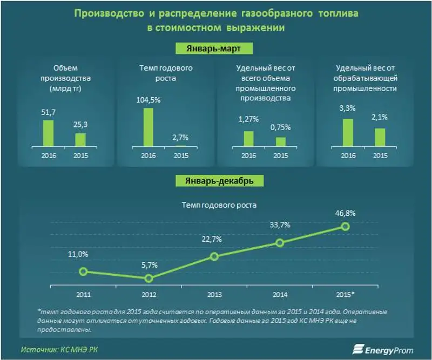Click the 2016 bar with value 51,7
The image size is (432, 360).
[x=48, y=133]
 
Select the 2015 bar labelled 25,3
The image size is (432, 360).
[x=80, y=139]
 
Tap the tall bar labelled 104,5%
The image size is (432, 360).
[x=148, y=127]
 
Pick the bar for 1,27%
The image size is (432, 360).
[x=248, y=138]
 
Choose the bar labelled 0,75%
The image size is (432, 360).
[x=280, y=141]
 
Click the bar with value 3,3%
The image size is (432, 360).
[x=348, y=132]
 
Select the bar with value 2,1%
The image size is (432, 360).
[x=380, y=137]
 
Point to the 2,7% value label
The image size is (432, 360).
[x=180, y=138]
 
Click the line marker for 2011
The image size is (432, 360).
[x=83, y=271]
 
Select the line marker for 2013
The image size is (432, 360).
[x=214, y=256]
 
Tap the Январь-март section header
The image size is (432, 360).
[x=215, y=49]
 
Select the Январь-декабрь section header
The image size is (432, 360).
[x=215, y=180]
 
